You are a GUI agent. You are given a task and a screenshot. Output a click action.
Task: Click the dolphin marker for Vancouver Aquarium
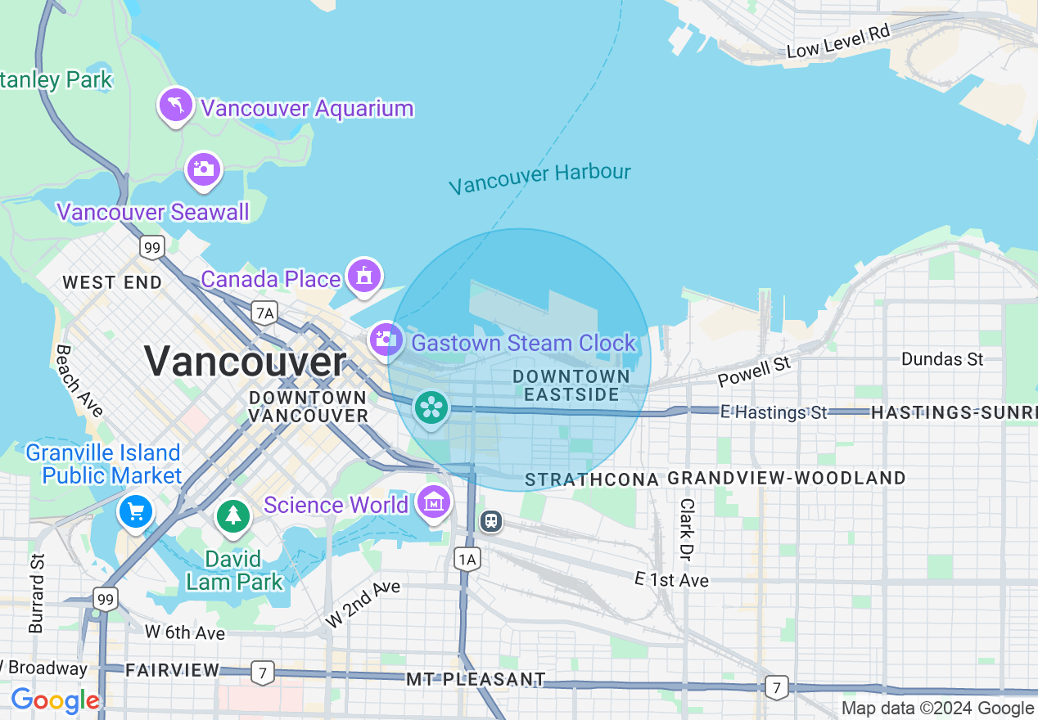coord(176,106)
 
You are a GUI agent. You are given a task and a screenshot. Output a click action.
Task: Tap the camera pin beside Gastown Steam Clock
coord(384,340)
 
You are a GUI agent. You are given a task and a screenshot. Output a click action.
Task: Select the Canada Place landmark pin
coord(363,276)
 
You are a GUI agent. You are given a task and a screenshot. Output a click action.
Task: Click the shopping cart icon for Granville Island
coord(135,512)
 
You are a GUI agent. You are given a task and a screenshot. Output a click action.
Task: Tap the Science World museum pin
coord(433,502)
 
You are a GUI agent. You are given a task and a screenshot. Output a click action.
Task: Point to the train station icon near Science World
coord(490,520)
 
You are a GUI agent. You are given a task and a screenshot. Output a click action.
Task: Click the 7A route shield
coord(264,312)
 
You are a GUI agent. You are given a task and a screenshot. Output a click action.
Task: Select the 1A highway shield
coord(467,559)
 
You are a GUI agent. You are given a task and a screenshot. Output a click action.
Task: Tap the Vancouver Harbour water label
coord(539,178)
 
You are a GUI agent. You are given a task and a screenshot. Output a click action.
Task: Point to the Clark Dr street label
coord(687,529)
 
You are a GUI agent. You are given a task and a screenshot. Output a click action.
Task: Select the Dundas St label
coord(941,358)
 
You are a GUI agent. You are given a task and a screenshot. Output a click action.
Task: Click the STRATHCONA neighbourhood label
coord(591,479)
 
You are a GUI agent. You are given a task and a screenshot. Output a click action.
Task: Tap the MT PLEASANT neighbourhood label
coord(476,679)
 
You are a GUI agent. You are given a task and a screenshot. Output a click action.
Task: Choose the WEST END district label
coord(111,283)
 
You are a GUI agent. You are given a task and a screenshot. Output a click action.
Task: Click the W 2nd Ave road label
coord(363,604)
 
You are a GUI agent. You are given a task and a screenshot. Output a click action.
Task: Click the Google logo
coord(55,700)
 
